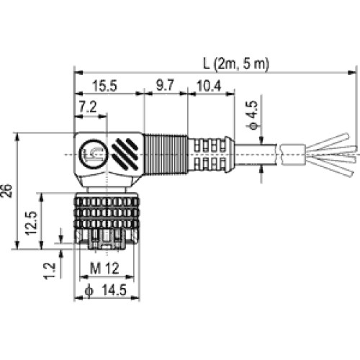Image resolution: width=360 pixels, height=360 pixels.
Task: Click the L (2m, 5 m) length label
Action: pyautogui.click(x=236, y=64)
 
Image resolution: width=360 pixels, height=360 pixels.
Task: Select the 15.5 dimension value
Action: pyautogui.click(x=104, y=86)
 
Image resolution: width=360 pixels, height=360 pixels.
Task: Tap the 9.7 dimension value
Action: pyautogui.click(x=165, y=85)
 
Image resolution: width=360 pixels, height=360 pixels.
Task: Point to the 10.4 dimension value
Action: pyautogui.click(x=209, y=86)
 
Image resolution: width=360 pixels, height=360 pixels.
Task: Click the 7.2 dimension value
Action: pyautogui.click(x=88, y=107)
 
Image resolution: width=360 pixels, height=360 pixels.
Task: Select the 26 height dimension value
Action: pyautogui.click(x=6, y=191)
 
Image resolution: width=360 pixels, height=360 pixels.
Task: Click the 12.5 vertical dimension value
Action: pyautogui.click(x=32, y=223)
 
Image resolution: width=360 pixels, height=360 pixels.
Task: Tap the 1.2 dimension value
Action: pyautogui.click(x=50, y=271)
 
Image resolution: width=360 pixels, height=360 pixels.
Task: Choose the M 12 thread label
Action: pyautogui.click(x=104, y=269)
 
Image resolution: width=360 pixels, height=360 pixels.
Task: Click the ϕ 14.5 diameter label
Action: pyautogui.click(x=106, y=290)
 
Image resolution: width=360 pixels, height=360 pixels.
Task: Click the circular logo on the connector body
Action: pyautogui.click(x=94, y=153)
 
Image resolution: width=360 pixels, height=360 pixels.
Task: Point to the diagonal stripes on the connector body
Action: pyautogui.click(x=125, y=154)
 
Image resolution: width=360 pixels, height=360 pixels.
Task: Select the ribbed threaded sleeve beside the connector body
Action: pyautogui.click(x=166, y=154)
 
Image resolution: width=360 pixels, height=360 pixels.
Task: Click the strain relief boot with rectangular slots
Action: pyautogui.click(x=211, y=154)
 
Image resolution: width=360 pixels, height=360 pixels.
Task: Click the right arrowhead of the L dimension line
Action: pyautogui.click(x=351, y=72)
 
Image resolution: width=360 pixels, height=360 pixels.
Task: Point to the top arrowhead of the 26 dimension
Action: pyautogui.click(x=17, y=137)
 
